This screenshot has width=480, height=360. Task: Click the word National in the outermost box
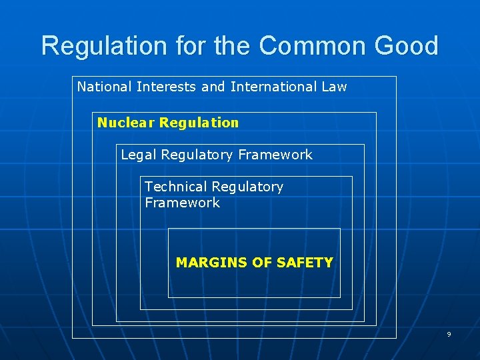(x=104, y=87)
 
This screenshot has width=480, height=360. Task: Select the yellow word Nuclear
(x=126, y=123)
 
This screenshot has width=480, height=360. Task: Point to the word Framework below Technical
(x=182, y=203)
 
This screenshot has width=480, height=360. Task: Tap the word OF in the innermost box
(x=262, y=263)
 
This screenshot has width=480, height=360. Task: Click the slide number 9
(x=449, y=334)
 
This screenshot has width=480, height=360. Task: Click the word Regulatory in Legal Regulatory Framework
(x=196, y=155)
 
